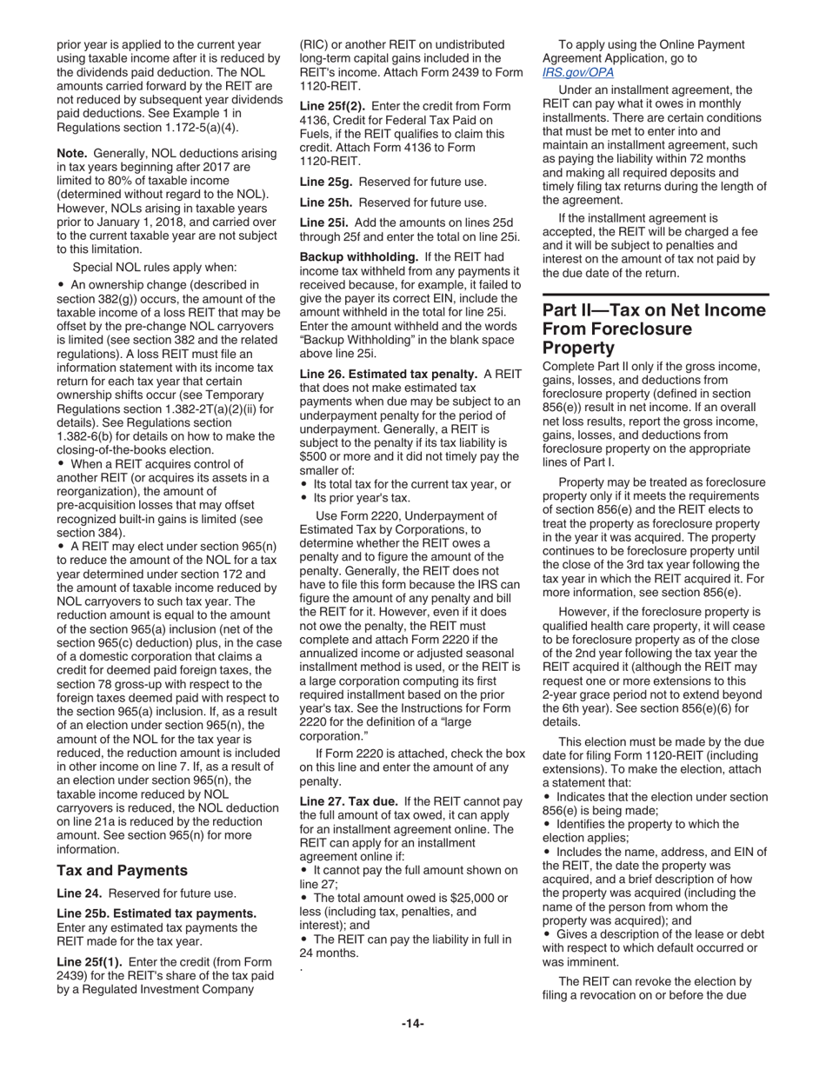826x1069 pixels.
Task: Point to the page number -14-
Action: (x=412, y=1024)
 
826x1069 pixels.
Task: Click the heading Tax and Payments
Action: (x=122, y=870)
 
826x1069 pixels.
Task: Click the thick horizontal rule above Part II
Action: (x=655, y=296)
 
